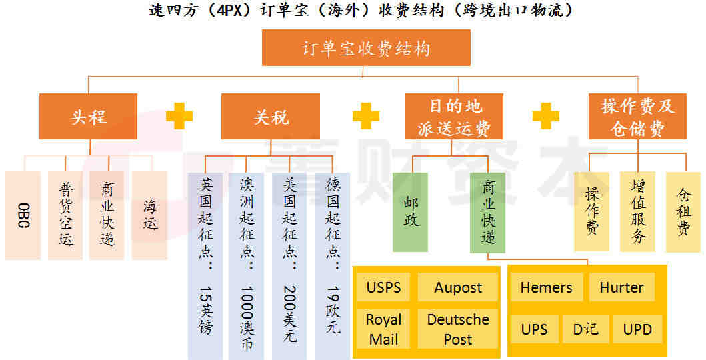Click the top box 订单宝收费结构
click(366, 48)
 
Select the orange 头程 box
click(88, 117)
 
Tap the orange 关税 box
click(271, 117)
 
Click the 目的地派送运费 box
click(454, 117)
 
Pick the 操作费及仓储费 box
click(637, 117)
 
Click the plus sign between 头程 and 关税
click(179, 116)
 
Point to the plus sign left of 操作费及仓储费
click(546, 116)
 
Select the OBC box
click(23, 215)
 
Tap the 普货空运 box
click(65, 215)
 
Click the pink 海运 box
click(149, 215)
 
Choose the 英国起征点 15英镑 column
click(205, 266)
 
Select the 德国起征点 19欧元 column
click(332, 266)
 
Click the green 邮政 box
click(410, 212)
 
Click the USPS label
click(383, 287)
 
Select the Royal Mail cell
click(383, 329)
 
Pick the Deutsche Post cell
click(458, 329)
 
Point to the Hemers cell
click(547, 287)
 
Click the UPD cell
click(637, 329)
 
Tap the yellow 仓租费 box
click(683, 211)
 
